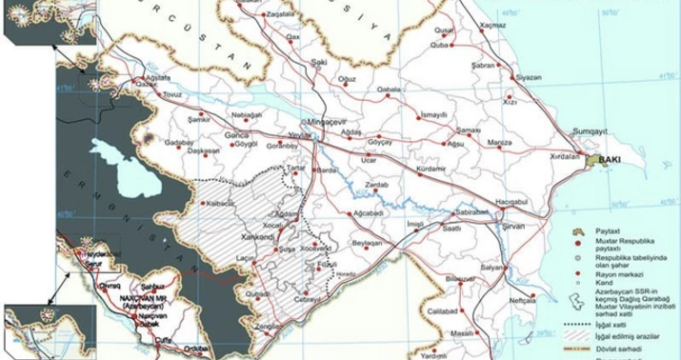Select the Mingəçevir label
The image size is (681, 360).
click(x=319, y=123)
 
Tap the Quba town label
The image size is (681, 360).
click(x=466, y=44)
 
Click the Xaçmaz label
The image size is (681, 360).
click(x=493, y=19)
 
